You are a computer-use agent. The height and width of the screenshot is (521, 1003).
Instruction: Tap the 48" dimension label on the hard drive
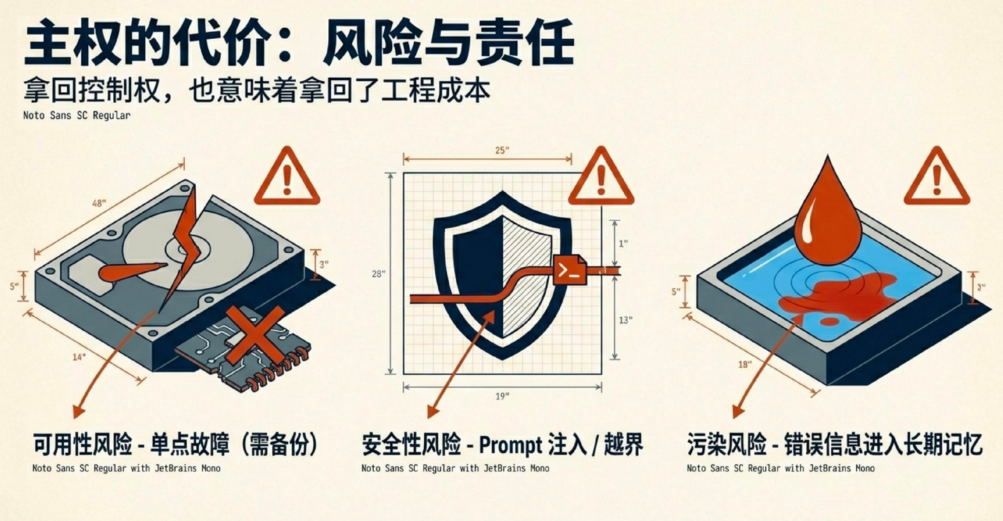[x=99, y=203]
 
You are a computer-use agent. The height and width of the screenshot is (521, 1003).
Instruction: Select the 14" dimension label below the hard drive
[x=79, y=357]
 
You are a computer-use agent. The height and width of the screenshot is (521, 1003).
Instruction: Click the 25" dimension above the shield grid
[x=502, y=150]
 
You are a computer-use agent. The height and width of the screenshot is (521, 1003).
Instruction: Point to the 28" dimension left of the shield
[x=379, y=274]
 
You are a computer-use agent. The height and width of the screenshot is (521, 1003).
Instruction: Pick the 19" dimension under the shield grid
[x=502, y=396]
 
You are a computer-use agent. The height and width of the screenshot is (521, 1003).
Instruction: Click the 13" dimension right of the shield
[x=625, y=320]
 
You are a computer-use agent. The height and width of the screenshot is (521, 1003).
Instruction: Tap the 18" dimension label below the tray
[x=745, y=364]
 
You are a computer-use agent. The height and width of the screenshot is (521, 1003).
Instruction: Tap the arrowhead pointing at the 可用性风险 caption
[x=79, y=412]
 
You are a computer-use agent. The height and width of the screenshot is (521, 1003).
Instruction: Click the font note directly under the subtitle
[x=77, y=115]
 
